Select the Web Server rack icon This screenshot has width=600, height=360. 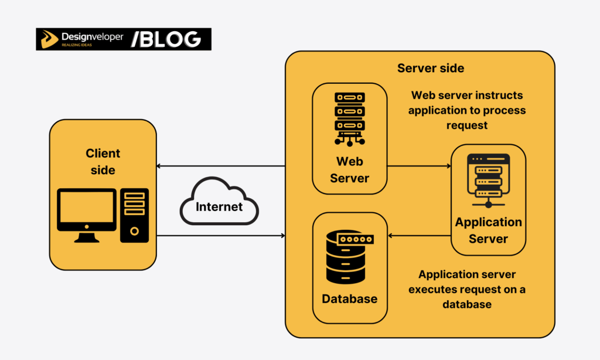[349, 118]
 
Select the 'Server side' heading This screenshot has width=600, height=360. [430, 68]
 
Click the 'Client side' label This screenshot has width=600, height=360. [103, 161]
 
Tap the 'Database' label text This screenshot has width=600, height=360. [349, 299]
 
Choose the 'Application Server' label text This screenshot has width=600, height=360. [488, 230]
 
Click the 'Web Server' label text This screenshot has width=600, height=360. [349, 169]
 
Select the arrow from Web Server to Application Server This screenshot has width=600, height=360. [418, 166]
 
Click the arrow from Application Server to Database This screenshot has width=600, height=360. [418, 236]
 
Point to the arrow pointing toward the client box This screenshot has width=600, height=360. [220, 166]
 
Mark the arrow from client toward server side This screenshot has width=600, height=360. [220, 236]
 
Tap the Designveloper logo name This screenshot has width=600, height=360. [92, 36]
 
